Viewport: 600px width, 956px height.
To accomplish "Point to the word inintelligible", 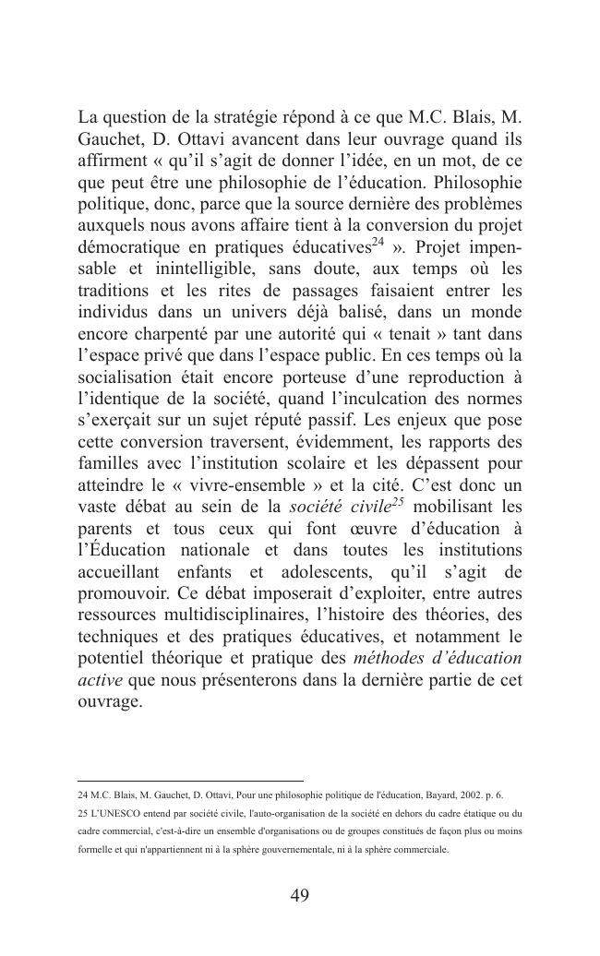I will [x=185, y=269].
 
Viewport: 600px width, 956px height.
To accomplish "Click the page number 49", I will [x=299, y=895].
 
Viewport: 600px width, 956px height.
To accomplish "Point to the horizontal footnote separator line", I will [x=190, y=781].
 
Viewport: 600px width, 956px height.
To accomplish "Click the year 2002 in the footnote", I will [x=462, y=795].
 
